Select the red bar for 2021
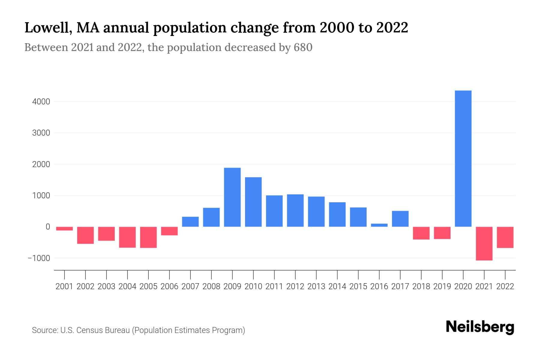484,243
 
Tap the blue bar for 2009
232,197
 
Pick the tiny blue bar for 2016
379,225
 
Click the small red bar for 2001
64,229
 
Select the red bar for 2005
148,237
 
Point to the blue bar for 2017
400,219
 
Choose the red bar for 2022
505,237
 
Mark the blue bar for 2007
190,221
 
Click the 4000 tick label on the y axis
41,102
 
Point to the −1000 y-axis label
39,258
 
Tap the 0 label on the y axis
47,227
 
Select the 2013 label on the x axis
316,286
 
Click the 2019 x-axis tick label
442,286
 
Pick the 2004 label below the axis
127,286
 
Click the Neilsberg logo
480,327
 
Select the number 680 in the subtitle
303,47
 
